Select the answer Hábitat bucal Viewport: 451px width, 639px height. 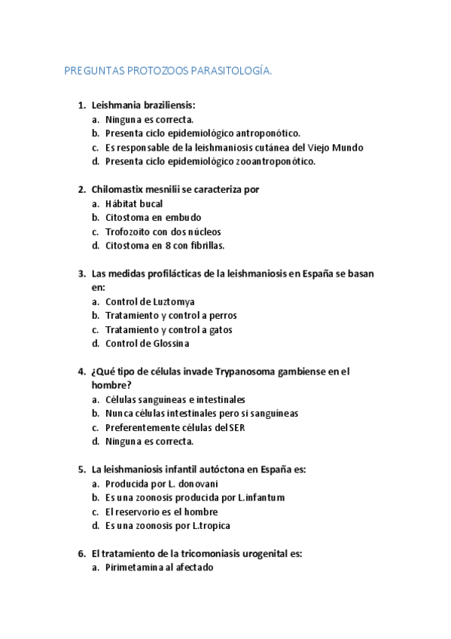134,203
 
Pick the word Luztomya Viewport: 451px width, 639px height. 156,301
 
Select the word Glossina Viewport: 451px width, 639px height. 169,344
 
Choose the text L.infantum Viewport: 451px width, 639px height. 261,497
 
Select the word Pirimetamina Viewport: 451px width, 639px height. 136,567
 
